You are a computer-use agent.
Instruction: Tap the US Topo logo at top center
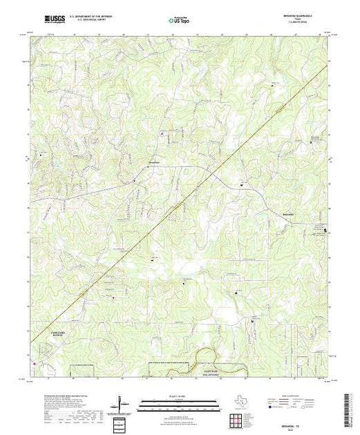click(x=179, y=21)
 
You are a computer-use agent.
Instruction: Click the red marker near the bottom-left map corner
click(x=32, y=359)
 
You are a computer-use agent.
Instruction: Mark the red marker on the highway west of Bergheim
click(x=135, y=182)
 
